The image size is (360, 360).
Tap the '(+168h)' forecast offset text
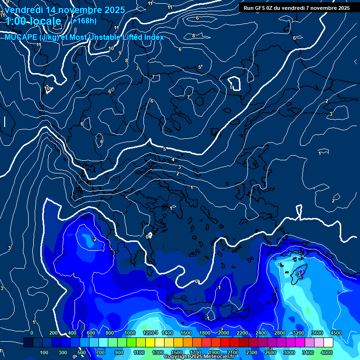tap(83, 21)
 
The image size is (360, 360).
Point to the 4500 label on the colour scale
tap(336, 333)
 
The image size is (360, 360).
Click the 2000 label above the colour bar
tap(223, 333)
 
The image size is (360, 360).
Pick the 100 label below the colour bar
tap(44, 352)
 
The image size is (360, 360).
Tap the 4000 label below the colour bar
tap(327, 352)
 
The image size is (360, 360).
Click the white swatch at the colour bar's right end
tap(341, 343)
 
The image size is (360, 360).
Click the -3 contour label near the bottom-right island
tap(299, 274)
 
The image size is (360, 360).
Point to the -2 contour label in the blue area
tap(94, 239)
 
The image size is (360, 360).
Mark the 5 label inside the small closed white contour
tap(231, 87)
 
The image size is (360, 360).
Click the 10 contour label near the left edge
tap(47, 88)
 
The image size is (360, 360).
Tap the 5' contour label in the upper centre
tap(200, 67)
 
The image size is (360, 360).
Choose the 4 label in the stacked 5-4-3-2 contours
tap(173, 160)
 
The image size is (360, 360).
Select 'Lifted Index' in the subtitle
tap(141, 37)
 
